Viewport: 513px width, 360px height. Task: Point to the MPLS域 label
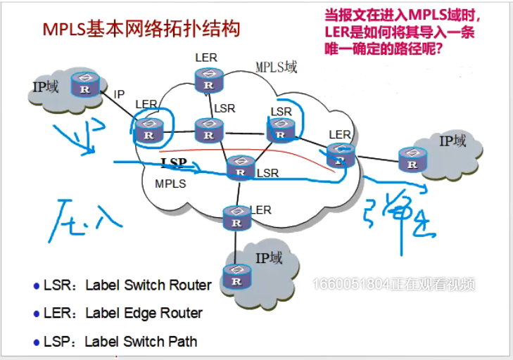pyautogui.click(x=276, y=67)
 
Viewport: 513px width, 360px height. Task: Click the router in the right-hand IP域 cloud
pyautogui.click(x=411, y=159)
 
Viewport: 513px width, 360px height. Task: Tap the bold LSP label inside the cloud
pyautogui.click(x=173, y=163)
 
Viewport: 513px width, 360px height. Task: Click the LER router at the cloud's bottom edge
pyautogui.click(x=233, y=217)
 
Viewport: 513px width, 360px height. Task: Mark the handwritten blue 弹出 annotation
pyautogui.click(x=395, y=217)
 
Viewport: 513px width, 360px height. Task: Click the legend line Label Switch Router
pyautogui.click(x=127, y=285)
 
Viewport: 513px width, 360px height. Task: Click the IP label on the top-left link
pyautogui.click(x=119, y=94)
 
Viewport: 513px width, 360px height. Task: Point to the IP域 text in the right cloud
pyautogui.click(x=452, y=141)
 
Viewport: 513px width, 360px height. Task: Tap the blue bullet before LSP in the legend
pyautogui.click(x=37, y=342)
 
